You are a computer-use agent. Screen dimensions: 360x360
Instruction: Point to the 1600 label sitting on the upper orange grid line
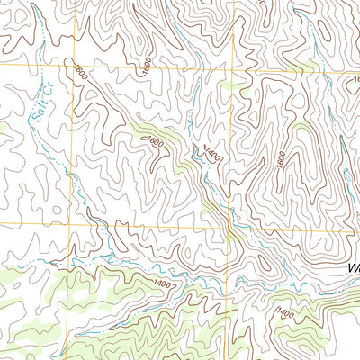click(146, 64)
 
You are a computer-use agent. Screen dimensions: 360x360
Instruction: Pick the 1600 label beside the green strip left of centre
click(154, 142)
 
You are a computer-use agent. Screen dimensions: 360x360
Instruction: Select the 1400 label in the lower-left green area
click(162, 285)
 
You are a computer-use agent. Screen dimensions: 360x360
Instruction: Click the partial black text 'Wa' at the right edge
click(352, 268)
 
